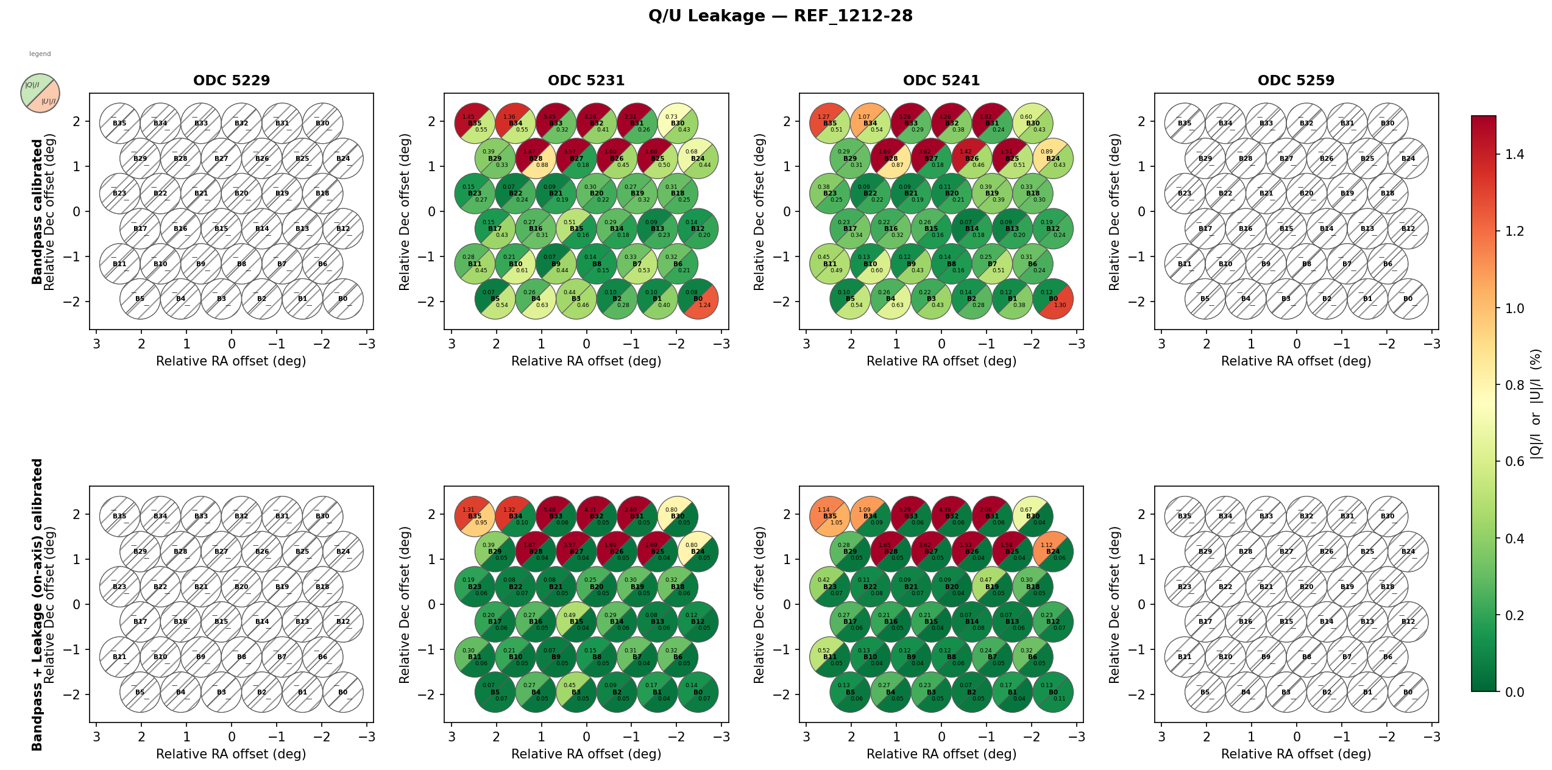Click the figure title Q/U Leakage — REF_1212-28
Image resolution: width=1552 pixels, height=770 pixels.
pyautogui.click(x=780, y=16)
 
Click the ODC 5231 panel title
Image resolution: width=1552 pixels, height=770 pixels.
pyautogui.click(x=586, y=80)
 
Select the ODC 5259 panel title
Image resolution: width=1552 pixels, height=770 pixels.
pyautogui.click(x=1296, y=80)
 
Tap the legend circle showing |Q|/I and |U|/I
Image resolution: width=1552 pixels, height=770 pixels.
pyautogui.click(x=40, y=93)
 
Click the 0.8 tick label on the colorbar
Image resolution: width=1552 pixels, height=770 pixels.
pyautogui.click(x=1514, y=385)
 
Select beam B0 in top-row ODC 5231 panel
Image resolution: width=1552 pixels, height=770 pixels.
pyautogui.click(x=698, y=299)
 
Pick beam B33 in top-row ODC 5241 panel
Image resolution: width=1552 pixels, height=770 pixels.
pyautogui.click(x=911, y=123)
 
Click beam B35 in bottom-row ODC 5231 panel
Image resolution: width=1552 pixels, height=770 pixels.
pyautogui.click(x=475, y=517)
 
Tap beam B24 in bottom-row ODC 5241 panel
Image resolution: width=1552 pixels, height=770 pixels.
pyautogui.click(x=1053, y=552)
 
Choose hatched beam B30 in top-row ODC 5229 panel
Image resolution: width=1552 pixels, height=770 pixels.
pyautogui.click(x=322, y=123)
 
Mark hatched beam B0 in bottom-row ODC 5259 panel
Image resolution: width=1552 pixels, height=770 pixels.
pyautogui.click(x=1408, y=692)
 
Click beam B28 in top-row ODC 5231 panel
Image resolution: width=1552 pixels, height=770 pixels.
pyautogui.click(x=536, y=158)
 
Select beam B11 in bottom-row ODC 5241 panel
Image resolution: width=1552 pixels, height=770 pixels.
pyautogui.click(x=830, y=657)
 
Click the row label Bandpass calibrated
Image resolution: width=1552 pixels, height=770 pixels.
pyautogui.click(x=37, y=211)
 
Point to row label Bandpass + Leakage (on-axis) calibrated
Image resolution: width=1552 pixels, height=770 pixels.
pyautogui.click(x=37, y=604)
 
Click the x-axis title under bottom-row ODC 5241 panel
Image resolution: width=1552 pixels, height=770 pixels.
pyautogui.click(x=941, y=754)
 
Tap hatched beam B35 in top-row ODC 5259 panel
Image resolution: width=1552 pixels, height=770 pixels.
pyautogui.click(x=1185, y=123)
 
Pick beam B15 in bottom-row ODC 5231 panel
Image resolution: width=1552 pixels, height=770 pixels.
pyautogui.click(x=576, y=622)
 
